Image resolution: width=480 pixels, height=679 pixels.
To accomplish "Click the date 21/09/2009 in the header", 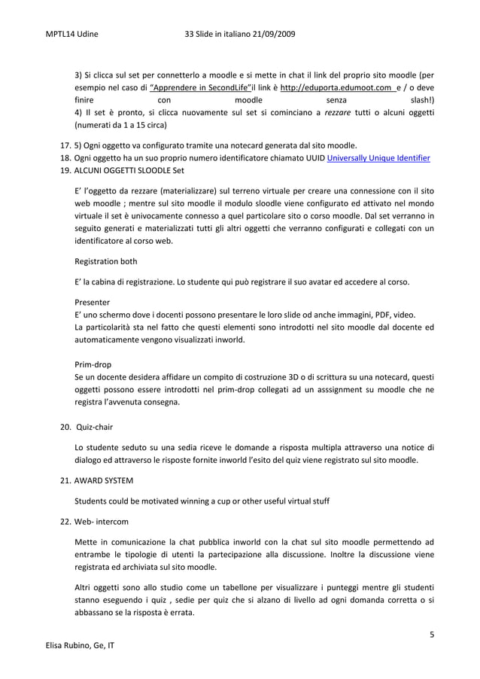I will click(x=271, y=35).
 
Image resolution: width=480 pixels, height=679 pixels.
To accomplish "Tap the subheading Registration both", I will click(x=106, y=262).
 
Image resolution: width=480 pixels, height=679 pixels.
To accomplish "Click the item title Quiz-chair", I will click(x=94, y=427).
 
